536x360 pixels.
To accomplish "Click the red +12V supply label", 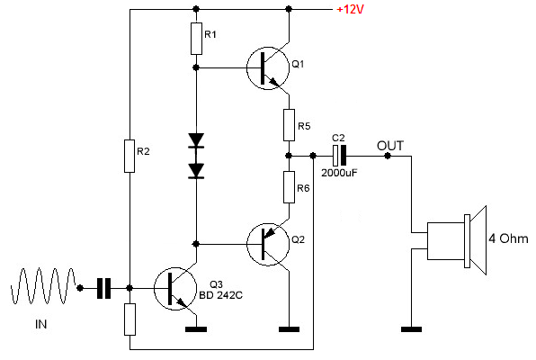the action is tap(351, 9).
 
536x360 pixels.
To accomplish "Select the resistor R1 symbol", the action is tap(196, 39).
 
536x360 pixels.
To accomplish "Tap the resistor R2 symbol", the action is tap(130, 156).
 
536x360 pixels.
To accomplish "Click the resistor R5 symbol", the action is tap(290, 125).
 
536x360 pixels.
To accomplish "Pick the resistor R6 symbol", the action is tap(290, 187).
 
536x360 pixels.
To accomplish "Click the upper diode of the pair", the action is tap(196, 140).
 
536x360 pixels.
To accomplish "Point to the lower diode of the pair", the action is tap(196, 171).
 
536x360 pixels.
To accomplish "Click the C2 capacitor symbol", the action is tap(339, 156).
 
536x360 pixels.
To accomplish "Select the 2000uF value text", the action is tap(339, 173).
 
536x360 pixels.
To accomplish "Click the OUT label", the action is tap(390, 146).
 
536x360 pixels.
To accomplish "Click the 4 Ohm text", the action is tap(508, 238).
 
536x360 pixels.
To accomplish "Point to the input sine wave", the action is tap(43, 286).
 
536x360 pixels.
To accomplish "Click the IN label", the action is tap(41, 324).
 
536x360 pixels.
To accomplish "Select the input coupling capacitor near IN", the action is tap(104, 289).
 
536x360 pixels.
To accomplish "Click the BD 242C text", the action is tap(221, 295).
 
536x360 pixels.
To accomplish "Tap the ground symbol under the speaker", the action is tap(411, 329).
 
